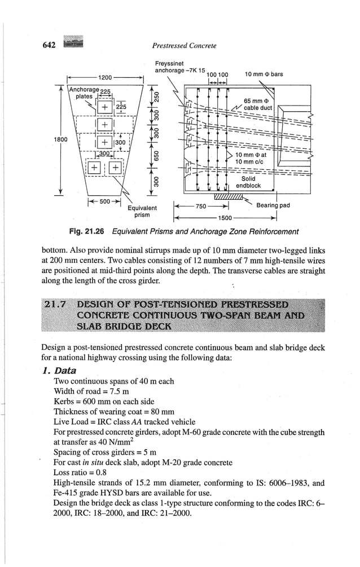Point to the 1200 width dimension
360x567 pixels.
pos(105,77)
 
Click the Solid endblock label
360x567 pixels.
pos(248,182)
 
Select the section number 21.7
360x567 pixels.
pos(55,305)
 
